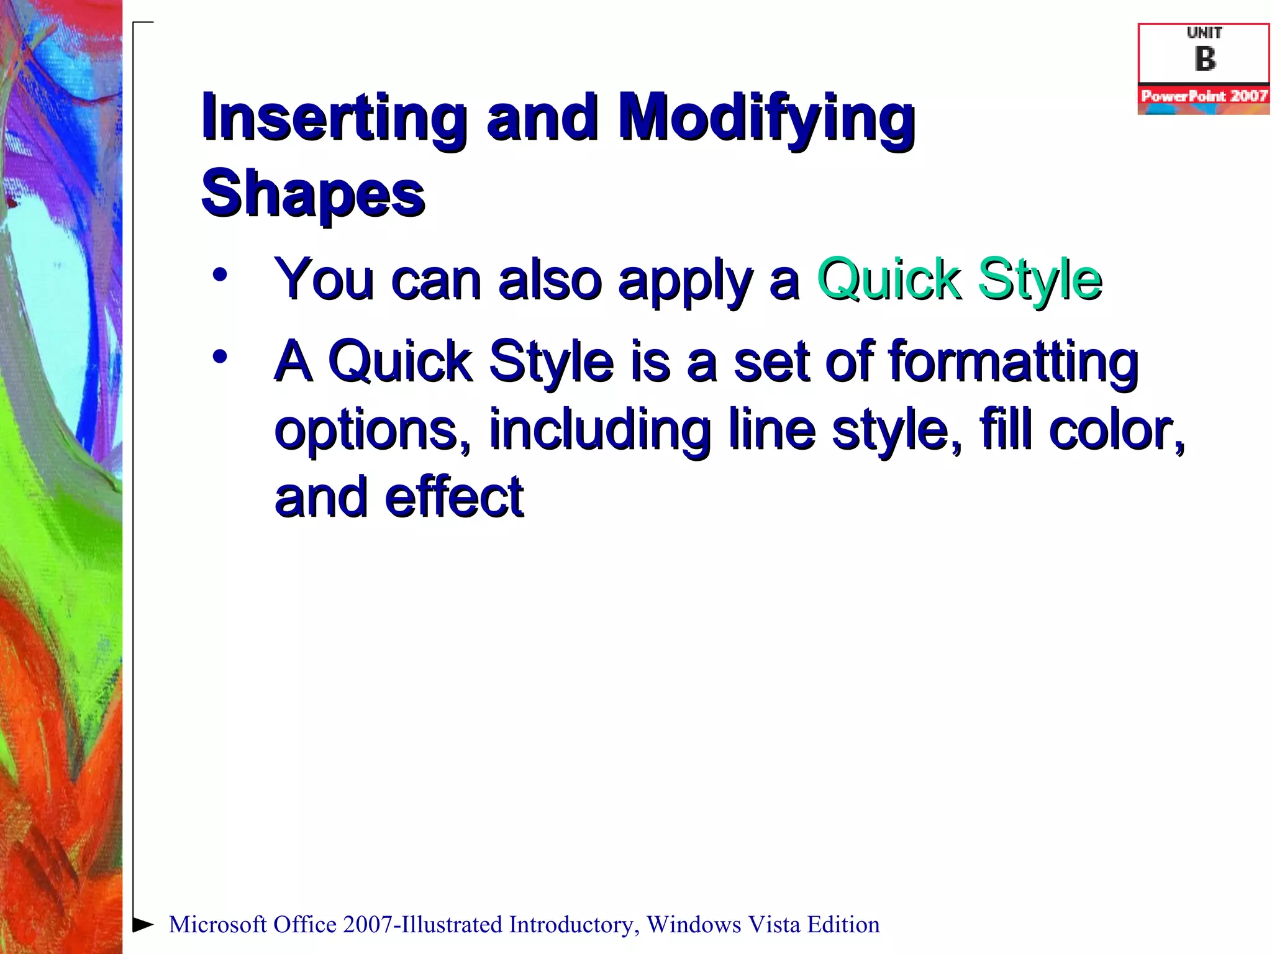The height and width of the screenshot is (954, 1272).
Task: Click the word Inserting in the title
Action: click(x=334, y=118)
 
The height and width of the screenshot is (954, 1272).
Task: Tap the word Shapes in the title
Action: click(x=312, y=194)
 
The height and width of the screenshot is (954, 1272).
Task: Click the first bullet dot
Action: click(x=219, y=274)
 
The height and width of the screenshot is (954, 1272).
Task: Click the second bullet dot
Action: click(x=219, y=357)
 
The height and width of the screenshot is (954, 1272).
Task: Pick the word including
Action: click(x=599, y=430)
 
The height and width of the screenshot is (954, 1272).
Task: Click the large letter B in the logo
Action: click(x=1204, y=60)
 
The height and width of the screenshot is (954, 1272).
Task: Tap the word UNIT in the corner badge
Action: click(x=1204, y=33)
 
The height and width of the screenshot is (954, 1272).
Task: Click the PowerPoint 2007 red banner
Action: click(x=1204, y=96)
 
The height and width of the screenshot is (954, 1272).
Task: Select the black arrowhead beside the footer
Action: click(x=143, y=924)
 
